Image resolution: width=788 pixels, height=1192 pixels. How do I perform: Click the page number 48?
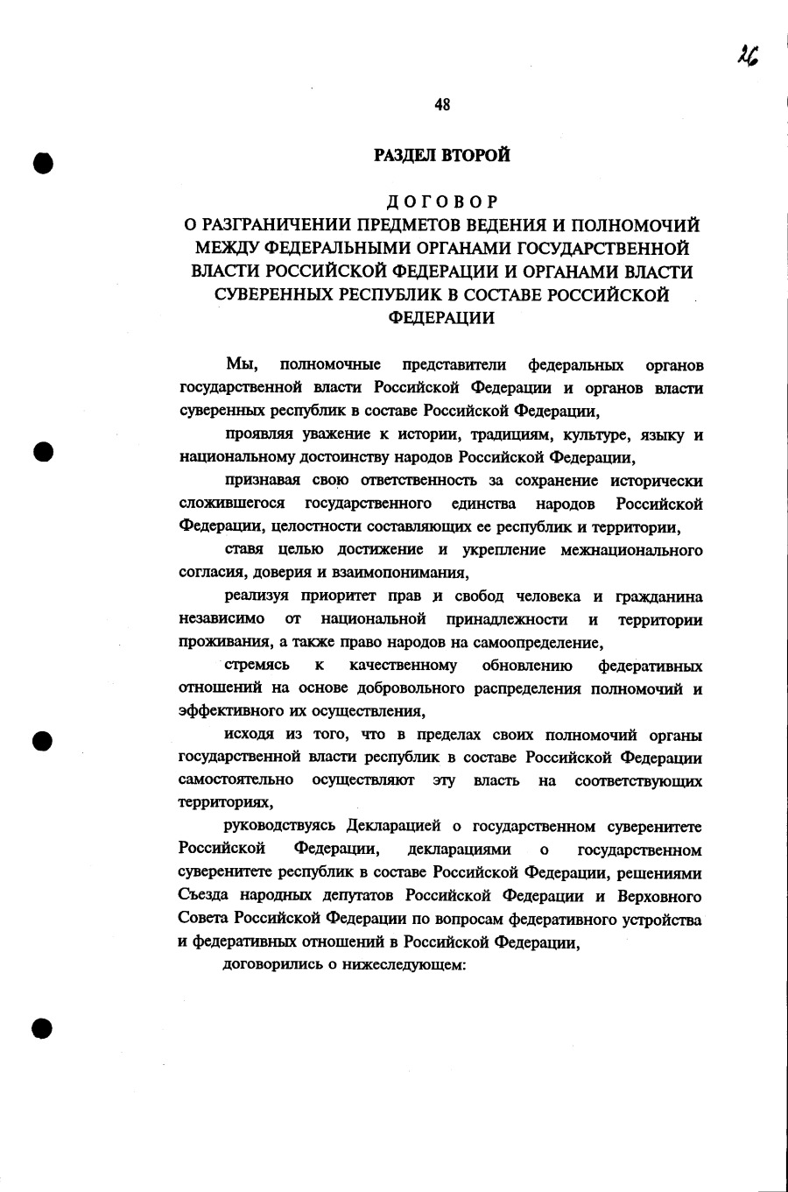[x=442, y=105]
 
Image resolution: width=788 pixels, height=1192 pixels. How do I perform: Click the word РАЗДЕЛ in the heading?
[x=405, y=156]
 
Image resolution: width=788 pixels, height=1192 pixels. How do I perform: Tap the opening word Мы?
[x=239, y=364]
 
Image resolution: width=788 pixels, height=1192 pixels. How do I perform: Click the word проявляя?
[x=255, y=434]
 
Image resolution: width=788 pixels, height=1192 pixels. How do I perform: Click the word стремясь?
[x=257, y=666]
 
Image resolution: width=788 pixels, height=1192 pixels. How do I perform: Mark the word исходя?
[x=249, y=735]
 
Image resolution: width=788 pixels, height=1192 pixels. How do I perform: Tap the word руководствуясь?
[x=281, y=827]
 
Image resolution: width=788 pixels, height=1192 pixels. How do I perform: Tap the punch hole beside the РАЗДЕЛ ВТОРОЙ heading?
[x=42, y=163]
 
